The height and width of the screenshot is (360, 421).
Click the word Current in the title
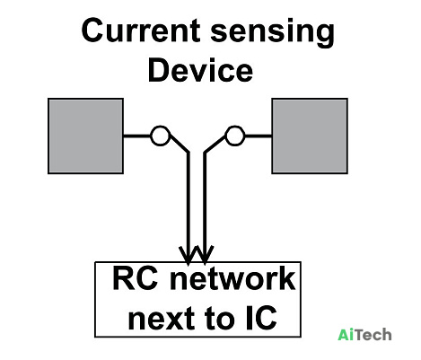point(141,31)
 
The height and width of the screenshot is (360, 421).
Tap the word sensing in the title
point(272,33)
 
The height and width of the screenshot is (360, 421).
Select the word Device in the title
point(200,70)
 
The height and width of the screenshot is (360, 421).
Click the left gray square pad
point(86,136)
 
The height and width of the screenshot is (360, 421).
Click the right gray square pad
point(310,136)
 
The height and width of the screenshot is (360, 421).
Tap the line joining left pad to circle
point(137,136)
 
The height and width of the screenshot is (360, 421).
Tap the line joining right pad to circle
point(259,136)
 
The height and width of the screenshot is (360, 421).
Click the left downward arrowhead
point(188,255)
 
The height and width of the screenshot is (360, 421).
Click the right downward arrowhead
point(205,255)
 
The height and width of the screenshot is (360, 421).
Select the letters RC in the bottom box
point(136,278)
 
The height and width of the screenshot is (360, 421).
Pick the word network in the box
point(232,278)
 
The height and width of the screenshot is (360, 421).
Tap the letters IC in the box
point(261,317)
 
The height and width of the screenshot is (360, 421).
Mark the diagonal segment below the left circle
point(180,144)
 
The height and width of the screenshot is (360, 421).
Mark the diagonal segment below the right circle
point(215,145)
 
